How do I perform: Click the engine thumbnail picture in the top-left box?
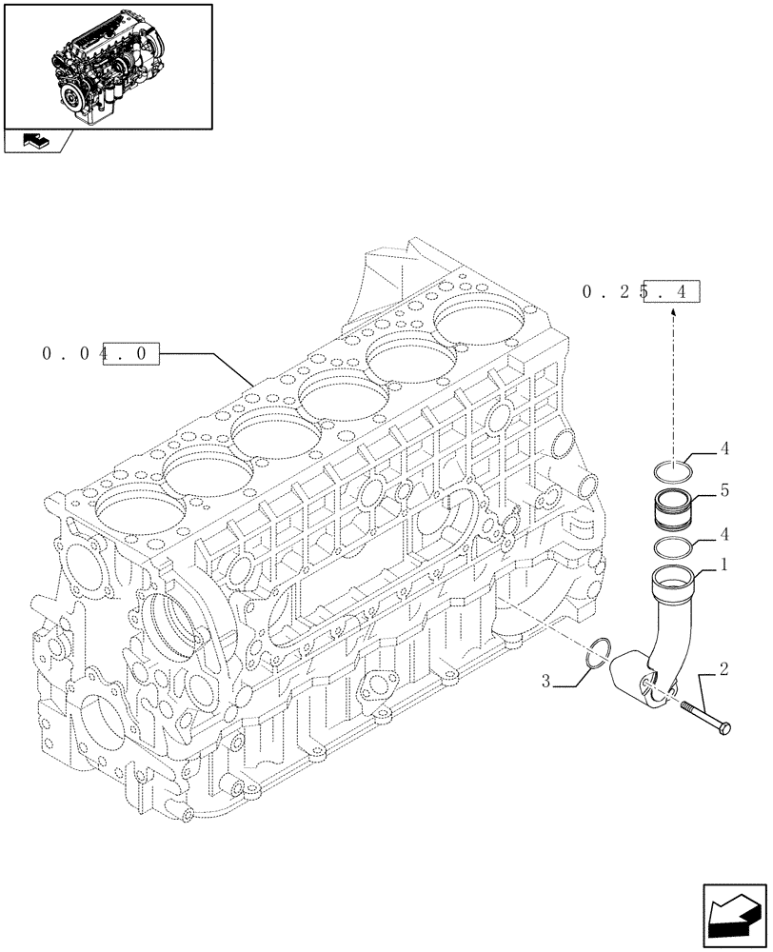(107, 65)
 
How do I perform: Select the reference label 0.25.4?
(640, 293)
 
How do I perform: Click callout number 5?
(724, 491)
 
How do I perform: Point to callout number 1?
(724, 565)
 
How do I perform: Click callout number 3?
(545, 681)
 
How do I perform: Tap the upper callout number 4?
(724, 446)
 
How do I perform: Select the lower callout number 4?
(724, 534)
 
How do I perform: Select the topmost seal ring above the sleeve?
(674, 468)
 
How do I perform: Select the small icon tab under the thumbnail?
(37, 141)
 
